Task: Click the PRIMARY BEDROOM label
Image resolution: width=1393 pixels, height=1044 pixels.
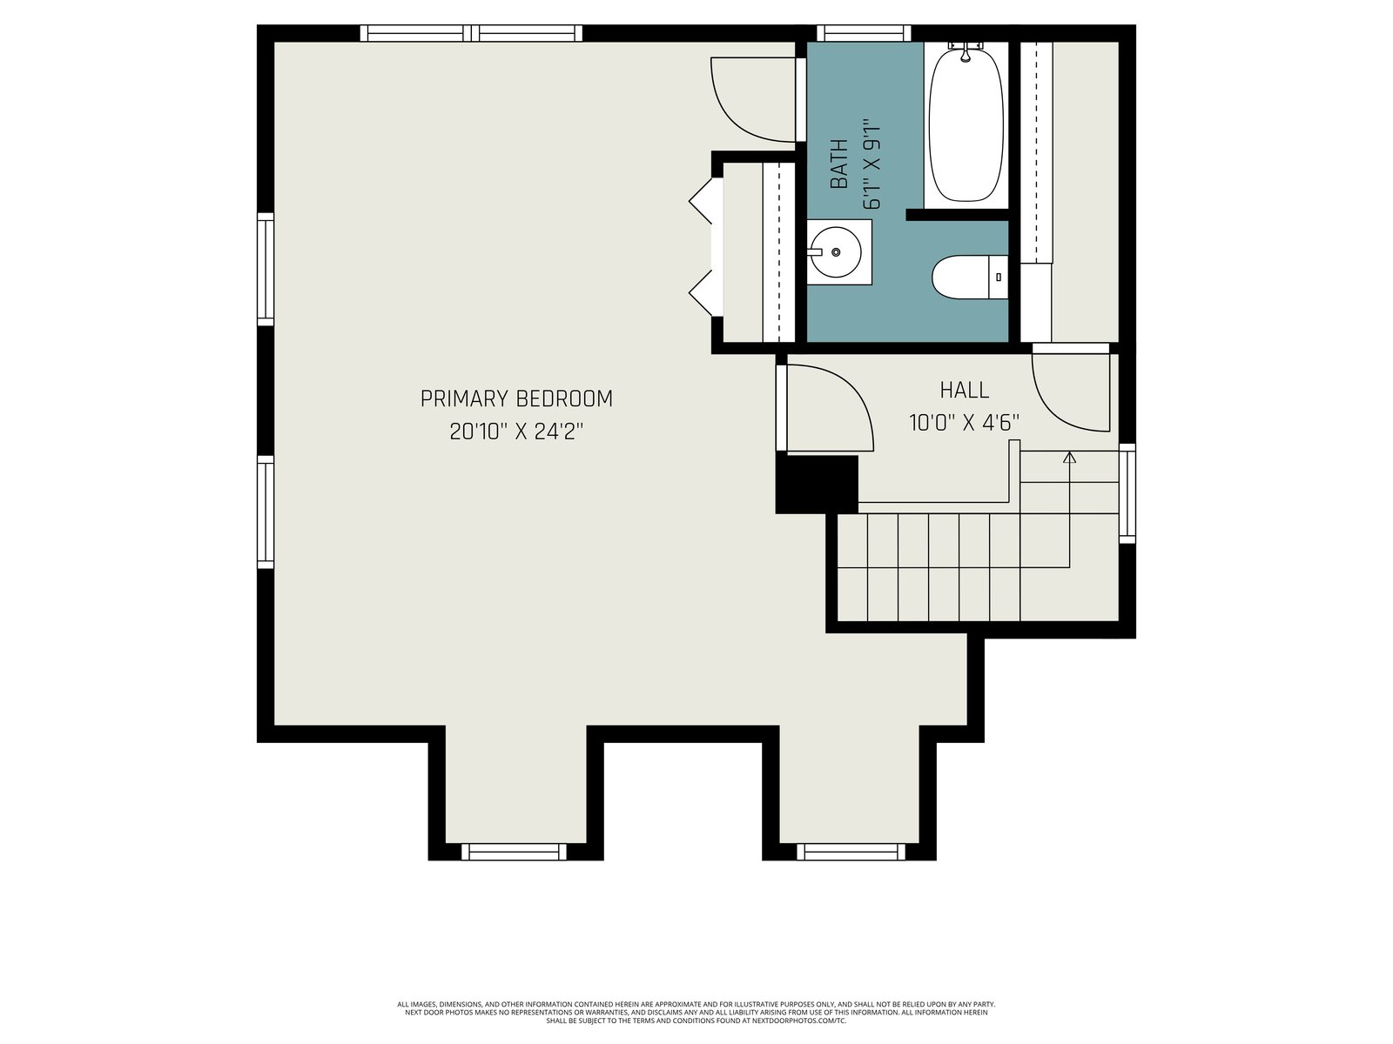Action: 516,398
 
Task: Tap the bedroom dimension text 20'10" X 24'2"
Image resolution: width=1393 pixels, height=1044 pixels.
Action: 516,432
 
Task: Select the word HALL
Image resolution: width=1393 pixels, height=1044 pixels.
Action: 964,390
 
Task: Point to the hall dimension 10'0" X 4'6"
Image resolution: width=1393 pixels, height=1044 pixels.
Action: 964,423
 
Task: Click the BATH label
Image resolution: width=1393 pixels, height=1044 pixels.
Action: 839,164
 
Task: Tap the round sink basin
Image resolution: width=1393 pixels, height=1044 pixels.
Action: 836,252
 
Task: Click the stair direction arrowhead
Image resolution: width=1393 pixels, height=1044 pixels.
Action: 1069,457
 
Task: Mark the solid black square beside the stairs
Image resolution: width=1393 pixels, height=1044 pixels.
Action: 817,485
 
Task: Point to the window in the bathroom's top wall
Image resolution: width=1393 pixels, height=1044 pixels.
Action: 864,33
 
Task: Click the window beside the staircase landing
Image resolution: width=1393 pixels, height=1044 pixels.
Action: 1127,493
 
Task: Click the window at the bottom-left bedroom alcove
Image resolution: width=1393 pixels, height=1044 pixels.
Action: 514,852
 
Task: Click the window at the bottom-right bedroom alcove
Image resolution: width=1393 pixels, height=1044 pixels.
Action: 851,852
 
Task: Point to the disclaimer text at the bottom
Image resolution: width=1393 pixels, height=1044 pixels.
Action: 696,1013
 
